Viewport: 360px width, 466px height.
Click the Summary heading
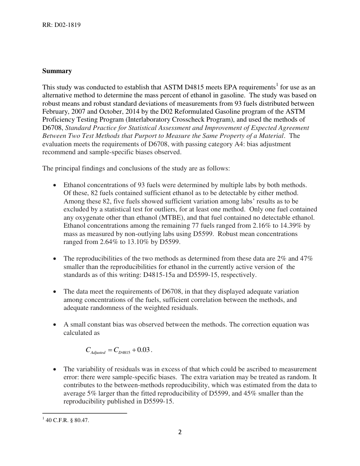[57, 71]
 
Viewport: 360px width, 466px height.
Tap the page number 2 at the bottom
[180, 432]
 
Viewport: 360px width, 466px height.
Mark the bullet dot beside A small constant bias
[55, 325]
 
